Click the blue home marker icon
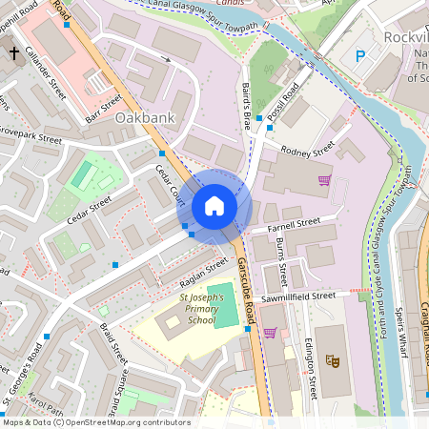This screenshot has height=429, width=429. (x=214, y=206)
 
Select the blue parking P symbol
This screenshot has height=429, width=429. (x=360, y=56)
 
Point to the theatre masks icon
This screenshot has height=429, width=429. (x=332, y=360)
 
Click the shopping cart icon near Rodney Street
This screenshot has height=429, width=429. (x=324, y=179)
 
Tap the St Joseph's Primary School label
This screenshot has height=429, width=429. (x=194, y=311)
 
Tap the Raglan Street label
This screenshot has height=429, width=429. (x=204, y=272)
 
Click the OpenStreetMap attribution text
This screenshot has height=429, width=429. (x=95, y=422)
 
